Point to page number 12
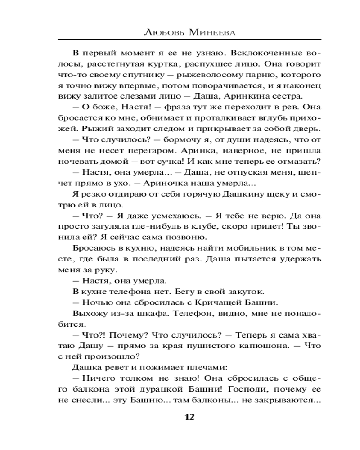point(189,417)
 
